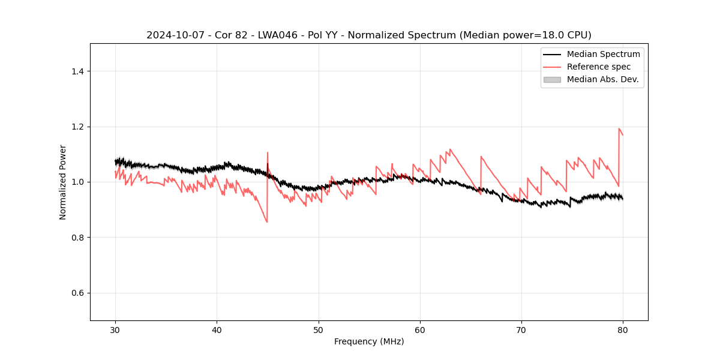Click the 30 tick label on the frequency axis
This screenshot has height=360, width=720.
115,329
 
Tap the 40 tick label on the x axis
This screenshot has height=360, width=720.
217,329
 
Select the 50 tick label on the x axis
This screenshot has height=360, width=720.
319,329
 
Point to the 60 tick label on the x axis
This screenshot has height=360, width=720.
420,329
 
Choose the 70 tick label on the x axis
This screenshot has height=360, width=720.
521,329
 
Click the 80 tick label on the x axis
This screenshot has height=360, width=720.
623,329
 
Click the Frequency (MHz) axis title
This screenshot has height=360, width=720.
369,341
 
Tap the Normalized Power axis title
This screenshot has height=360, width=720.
63,182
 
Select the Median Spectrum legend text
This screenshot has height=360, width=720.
603,54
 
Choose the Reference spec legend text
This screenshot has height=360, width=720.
599,67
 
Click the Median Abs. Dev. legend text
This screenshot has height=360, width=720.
603,79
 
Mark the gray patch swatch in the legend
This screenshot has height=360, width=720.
552,79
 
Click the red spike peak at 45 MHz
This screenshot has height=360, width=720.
268,153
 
